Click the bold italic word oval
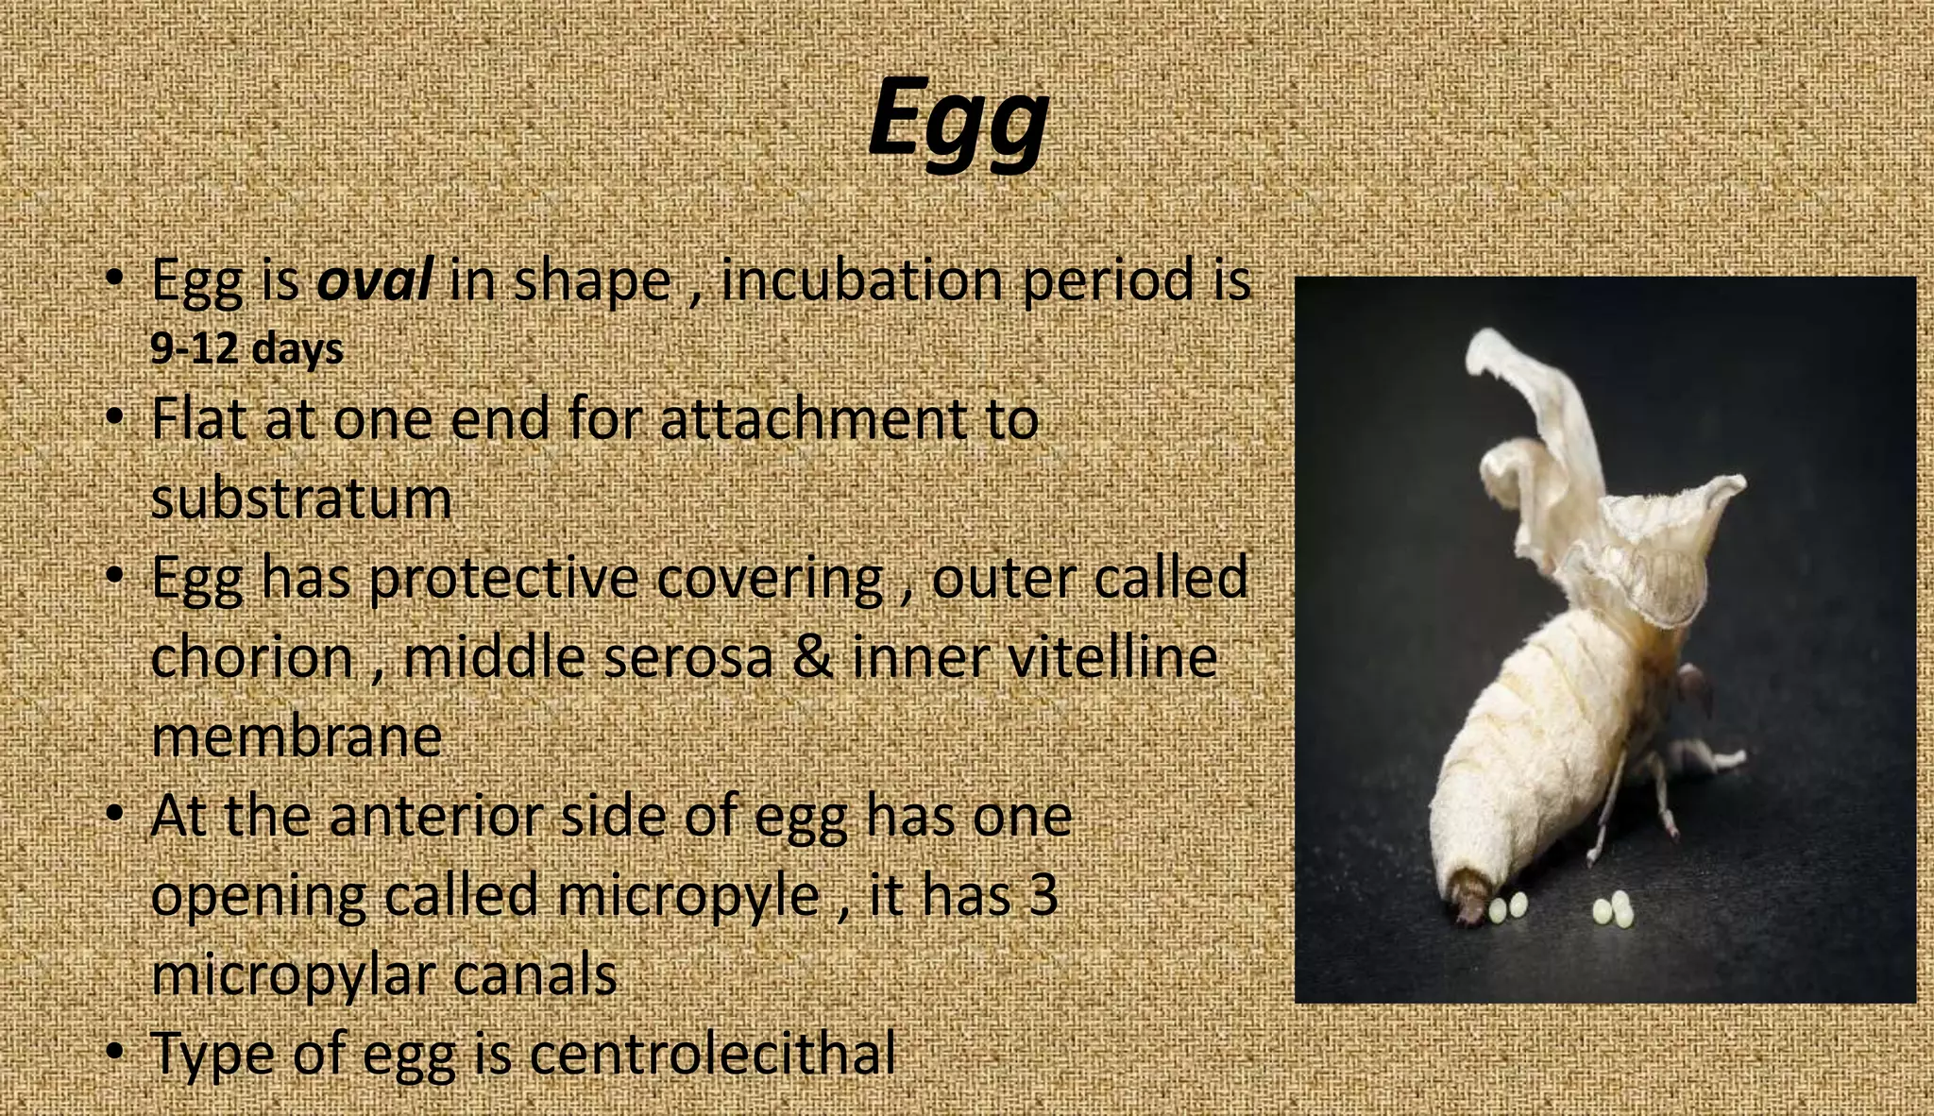[x=374, y=280]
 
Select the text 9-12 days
[x=246, y=349]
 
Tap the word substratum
[x=301, y=498]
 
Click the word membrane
[x=297, y=736]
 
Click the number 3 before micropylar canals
[x=1043, y=894]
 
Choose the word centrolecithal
[x=712, y=1053]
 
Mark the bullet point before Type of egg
[x=114, y=1051]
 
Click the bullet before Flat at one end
[x=114, y=416]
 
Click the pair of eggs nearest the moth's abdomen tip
[x=1507, y=907]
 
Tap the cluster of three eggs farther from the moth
[x=1613, y=907]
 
